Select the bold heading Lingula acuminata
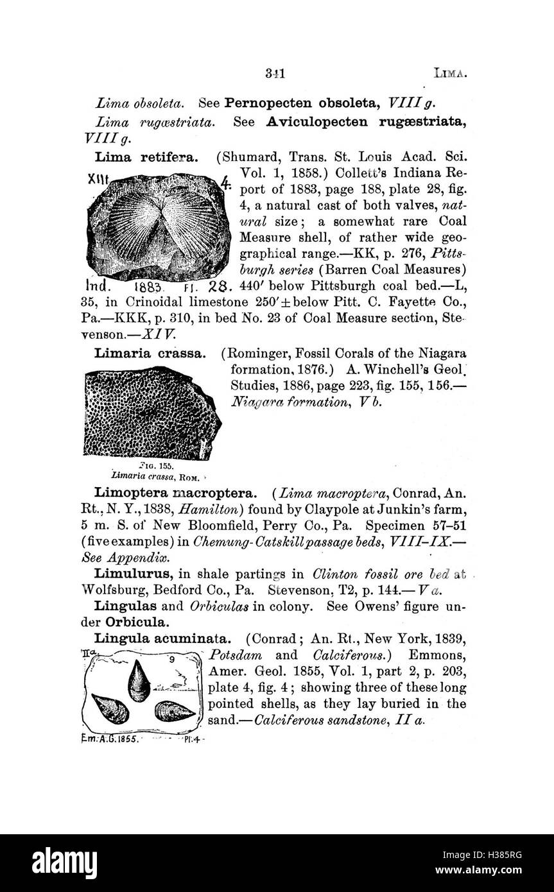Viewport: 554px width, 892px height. tap(162, 639)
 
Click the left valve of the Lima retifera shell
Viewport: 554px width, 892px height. tap(134, 225)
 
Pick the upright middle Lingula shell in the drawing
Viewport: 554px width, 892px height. tap(139, 682)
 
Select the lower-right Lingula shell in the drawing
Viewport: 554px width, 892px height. tap(174, 712)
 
